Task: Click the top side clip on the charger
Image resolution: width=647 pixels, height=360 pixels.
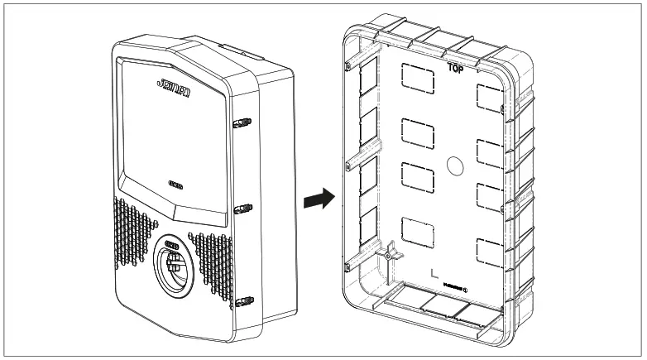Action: tap(241, 125)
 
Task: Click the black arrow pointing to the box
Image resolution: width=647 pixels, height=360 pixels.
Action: tap(318, 199)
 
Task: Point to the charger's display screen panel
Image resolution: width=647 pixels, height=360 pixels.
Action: tap(174, 132)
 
